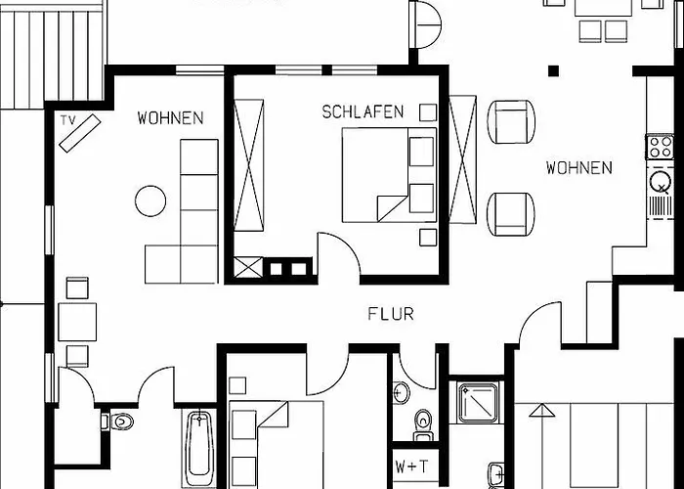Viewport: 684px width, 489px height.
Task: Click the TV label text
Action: pyautogui.click(x=67, y=120)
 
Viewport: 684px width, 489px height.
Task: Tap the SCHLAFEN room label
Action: pyautogui.click(x=363, y=112)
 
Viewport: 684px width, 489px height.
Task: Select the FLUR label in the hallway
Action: pyautogui.click(x=391, y=314)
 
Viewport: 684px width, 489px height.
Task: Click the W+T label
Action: pyautogui.click(x=411, y=467)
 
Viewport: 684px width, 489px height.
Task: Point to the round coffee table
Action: pyautogui.click(x=150, y=200)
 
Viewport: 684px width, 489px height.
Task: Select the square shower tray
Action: pyautogui.click(x=479, y=403)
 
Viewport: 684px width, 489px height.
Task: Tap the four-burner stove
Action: pyautogui.click(x=660, y=147)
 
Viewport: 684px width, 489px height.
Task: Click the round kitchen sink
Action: pyautogui.click(x=660, y=181)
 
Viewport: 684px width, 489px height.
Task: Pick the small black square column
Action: pyautogui.click(x=553, y=70)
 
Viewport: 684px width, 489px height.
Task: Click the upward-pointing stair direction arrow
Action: pyautogui.click(x=541, y=411)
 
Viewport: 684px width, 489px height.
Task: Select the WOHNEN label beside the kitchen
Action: pyautogui.click(x=578, y=167)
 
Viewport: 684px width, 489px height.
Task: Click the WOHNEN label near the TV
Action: pyautogui.click(x=170, y=118)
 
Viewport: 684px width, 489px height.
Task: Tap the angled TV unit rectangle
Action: pyautogui.click(x=80, y=133)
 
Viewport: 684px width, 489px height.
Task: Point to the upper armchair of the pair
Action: pyautogui.click(x=511, y=122)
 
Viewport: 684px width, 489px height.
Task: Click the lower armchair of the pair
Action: pyautogui.click(x=511, y=214)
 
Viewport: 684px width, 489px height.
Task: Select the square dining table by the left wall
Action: pyautogui.click(x=77, y=322)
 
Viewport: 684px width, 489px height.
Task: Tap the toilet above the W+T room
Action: pyautogui.click(x=422, y=424)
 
